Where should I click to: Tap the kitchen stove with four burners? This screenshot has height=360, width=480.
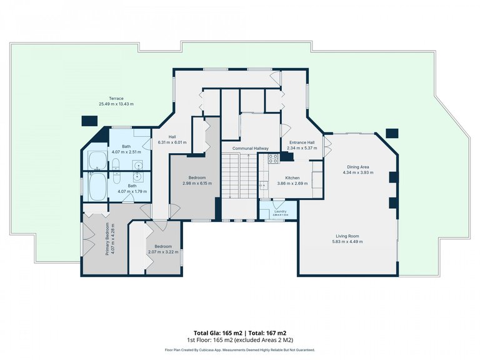pyautogui.click(x=273, y=159)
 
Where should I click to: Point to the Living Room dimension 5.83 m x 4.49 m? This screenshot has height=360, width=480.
pyautogui.click(x=347, y=241)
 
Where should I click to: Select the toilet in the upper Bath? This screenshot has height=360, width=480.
pyautogui.click(x=116, y=164)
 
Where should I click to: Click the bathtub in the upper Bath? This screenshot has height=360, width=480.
pyautogui.click(x=96, y=161)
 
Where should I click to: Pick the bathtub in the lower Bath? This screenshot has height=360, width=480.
pyautogui.click(x=96, y=186)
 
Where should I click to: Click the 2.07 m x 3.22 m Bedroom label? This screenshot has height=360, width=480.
pyautogui.click(x=163, y=252)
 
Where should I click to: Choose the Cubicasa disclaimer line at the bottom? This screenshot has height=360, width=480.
pyautogui.click(x=240, y=350)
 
